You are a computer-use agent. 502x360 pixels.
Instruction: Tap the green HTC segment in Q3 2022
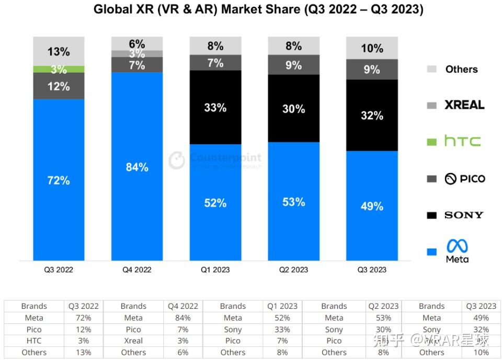[59, 69]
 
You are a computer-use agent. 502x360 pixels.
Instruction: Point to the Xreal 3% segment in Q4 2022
[137, 54]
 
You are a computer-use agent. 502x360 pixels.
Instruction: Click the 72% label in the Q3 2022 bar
[59, 180]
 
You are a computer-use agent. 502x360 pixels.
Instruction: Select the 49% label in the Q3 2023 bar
[372, 206]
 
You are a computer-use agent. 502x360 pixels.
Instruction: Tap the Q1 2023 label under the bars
[215, 270]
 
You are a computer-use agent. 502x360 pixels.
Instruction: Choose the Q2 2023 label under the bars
[293, 270]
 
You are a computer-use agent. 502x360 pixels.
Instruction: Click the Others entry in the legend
[461, 69]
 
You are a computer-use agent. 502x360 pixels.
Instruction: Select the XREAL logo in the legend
[464, 105]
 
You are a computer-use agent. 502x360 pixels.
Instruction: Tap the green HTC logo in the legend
[462, 141]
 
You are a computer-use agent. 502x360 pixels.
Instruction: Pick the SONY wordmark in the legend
[464, 215]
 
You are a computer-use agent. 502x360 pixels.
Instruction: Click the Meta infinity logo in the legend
[457, 247]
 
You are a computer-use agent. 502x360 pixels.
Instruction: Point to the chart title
[258, 9]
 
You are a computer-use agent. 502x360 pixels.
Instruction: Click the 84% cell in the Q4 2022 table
[182, 318]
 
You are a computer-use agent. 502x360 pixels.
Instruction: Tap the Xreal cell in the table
[133, 341]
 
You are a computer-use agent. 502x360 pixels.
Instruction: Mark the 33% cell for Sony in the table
[282, 329]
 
